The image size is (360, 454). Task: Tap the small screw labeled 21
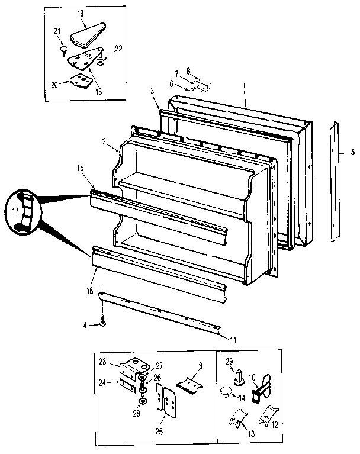pyautogui.click(x=62, y=50)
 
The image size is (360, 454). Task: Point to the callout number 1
pyautogui.click(x=244, y=86)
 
